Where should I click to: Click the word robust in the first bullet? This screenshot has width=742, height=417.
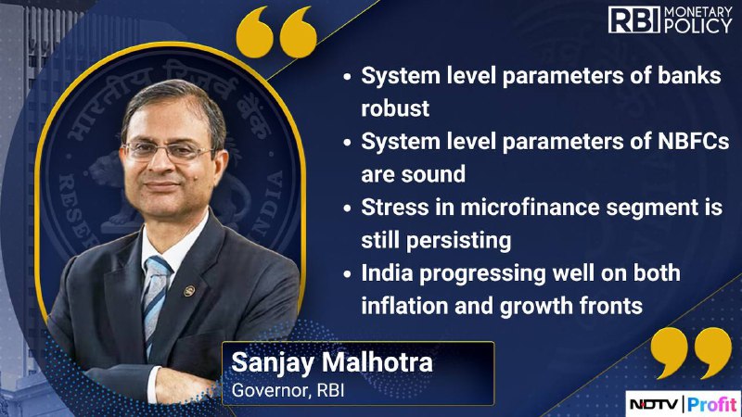click(395, 108)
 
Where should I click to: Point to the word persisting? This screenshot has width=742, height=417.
click(459, 241)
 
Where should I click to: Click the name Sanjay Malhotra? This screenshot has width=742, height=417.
click(332, 363)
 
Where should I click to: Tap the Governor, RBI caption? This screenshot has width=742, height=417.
click(288, 390)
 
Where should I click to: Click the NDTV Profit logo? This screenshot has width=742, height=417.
click(684, 404)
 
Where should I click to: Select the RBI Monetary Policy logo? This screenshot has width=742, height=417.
click(670, 19)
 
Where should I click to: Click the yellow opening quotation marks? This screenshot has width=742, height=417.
click(276, 32)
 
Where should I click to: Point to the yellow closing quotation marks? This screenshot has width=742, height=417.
click(691, 353)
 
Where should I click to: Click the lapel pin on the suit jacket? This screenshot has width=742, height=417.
click(189, 290)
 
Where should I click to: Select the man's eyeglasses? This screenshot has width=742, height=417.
click(169, 151)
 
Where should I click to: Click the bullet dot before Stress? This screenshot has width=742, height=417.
click(347, 208)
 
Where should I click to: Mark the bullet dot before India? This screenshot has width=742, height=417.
click(347, 273)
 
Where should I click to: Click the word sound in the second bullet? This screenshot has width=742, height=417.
click(433, 174)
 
